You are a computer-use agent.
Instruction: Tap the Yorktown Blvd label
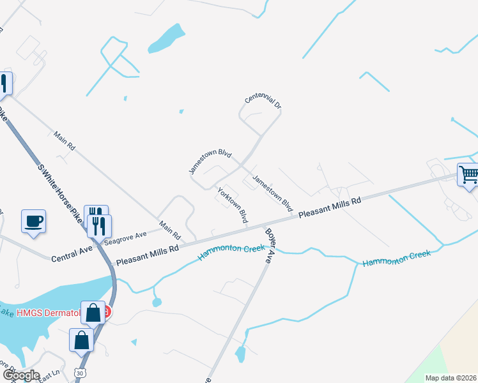pos(233,204)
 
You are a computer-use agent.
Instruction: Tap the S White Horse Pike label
pos(61,191)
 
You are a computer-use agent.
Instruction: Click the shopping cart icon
pos(468,174)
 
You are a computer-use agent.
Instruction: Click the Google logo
pos(20,375)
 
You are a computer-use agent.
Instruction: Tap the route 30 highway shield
pos(78,371)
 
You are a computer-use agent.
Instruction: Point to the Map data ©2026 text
pos(450,378)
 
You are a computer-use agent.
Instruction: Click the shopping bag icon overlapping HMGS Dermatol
pos(94,313)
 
